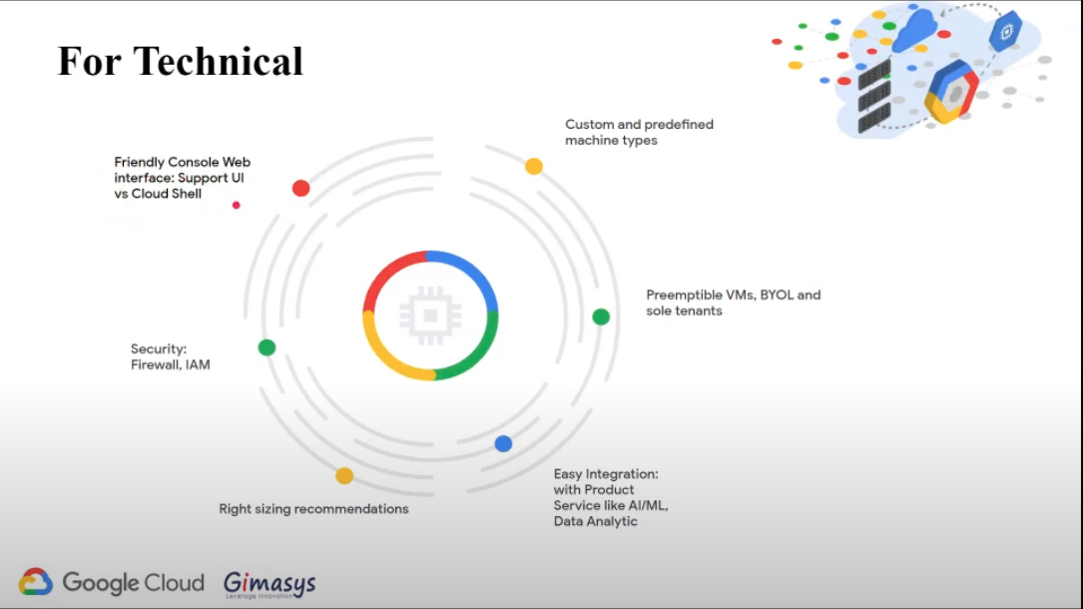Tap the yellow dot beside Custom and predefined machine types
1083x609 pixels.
(534, 166)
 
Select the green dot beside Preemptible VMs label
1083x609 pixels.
(601, 316)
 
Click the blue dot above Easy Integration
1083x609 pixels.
(503, 443)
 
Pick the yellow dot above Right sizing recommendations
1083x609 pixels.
(344, 475)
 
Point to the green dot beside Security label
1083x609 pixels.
(267, 347)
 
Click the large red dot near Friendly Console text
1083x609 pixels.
(300, 188)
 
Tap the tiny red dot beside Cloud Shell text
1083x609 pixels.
(237, 205)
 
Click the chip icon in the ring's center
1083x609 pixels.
(430, 315)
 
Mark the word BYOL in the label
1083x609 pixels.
(775, 296)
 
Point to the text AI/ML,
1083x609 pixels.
(645, 506)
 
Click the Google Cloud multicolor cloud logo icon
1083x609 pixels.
(36, 582)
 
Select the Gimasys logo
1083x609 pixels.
(269, 583)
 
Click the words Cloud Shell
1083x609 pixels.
(166, 194)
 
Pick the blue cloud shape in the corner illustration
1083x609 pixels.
(913, 32)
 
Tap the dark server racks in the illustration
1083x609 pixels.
(874, 96)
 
